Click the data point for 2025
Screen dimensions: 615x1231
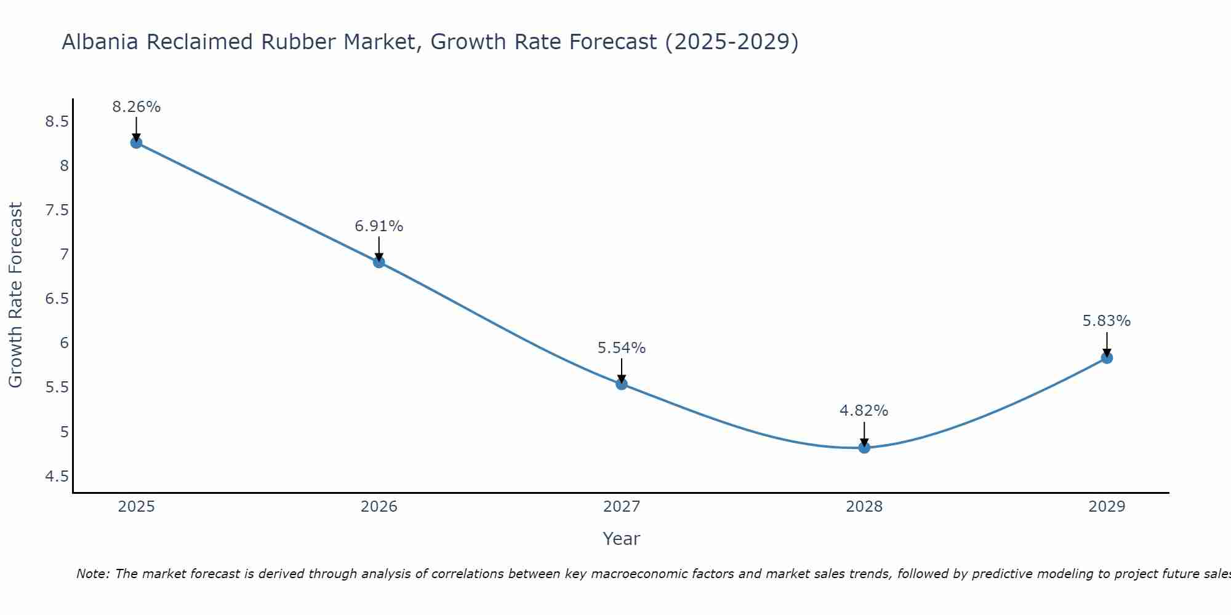point(136,143)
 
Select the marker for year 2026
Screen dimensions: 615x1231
point(379,262)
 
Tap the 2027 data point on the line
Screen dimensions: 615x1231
point(622,384)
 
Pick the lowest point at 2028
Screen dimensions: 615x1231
point(864,447)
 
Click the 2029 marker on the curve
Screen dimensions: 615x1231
point(1107,358)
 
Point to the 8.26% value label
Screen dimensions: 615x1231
point(136,107)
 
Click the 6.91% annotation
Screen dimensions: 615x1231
point(379,226)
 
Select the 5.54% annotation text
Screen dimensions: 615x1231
point(622,348)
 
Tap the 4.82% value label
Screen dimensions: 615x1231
point(864,411)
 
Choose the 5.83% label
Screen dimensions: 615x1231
point(1107,321)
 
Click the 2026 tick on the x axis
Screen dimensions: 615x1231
point(379,507)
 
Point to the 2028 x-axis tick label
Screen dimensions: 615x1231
point(864,507)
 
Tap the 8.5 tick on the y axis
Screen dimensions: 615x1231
point(57,122)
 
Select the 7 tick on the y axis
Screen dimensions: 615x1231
point(64,255)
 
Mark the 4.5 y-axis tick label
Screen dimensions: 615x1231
point(57,477)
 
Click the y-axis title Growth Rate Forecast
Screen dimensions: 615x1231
point(15,295)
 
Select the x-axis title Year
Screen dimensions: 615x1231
point(622,539)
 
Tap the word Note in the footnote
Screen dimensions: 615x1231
point(92,574)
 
